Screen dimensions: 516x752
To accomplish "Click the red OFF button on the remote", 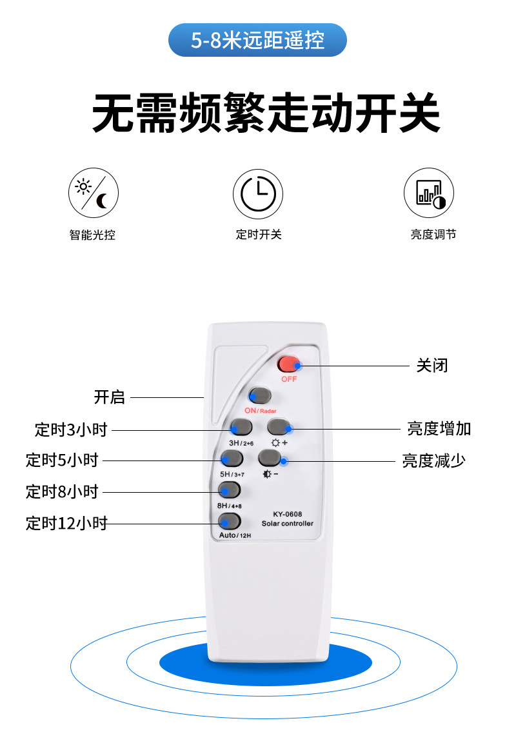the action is pyautogui.click(x=288, y=364).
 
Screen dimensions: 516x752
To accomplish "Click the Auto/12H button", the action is pyautogui.click(x=230, y=521).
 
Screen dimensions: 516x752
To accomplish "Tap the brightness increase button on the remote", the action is pyautogui.click(x=279, y=426).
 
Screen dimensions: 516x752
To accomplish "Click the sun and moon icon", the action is pyautogui.click(x=94, y=193).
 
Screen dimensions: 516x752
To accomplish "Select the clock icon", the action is pyautogui.click(x=258, y=193).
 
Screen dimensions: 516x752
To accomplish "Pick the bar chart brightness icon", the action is pyautogui.click(x=429, y=193).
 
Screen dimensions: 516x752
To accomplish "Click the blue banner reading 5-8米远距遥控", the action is pyautogui.click(x=257, y=41).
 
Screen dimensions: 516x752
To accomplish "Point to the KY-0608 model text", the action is pyautogui.click(x=287, y=514).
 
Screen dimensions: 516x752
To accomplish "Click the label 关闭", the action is pyautogui.click(x=432, y=366).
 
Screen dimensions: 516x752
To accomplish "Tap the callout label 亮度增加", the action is pyautogui.click(x=439, y=428).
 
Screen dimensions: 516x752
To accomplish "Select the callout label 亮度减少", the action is pyautogui.click(x=433, y=460).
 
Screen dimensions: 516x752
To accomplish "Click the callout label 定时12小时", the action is pyautogui.click(x=66, y=523).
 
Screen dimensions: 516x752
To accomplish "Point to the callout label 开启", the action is pyautogui.click(x=110, y=397).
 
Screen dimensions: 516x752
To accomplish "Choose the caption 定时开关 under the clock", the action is pyautogui.click(x=258, y=235).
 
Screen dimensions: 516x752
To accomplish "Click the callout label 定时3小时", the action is pyautogui.click(x=71, y=429).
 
